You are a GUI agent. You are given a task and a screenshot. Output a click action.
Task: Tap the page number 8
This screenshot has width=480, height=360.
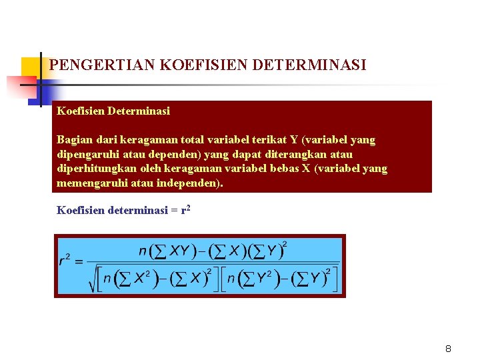coord(448,349)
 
